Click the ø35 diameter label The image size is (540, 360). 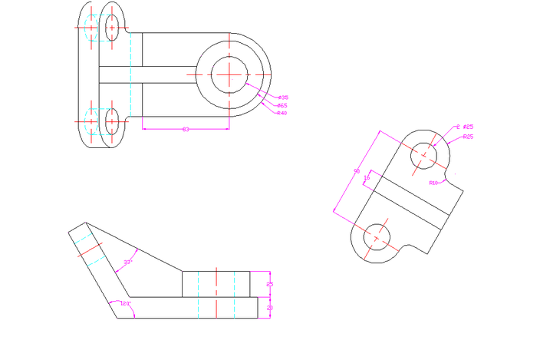click(283, 97)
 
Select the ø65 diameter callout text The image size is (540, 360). click(282, 105)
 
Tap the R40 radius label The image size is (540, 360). click(282, 113)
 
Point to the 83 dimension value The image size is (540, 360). click(185, 129)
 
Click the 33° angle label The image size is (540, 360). click(128, 263)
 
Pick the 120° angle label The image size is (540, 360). click(126, 304)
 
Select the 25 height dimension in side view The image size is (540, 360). click(269, 284)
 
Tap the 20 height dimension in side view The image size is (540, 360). click(269, 307)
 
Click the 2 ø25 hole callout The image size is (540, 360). click(464, 127)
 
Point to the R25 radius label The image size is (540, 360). click(467, 137)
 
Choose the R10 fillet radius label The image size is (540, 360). click(434, 183)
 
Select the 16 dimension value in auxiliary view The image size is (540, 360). click(367, 177)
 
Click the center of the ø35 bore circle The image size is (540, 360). click(229, 73)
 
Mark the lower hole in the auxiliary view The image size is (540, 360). click(376, 237)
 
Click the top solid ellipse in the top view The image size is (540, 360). click(112, 27)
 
